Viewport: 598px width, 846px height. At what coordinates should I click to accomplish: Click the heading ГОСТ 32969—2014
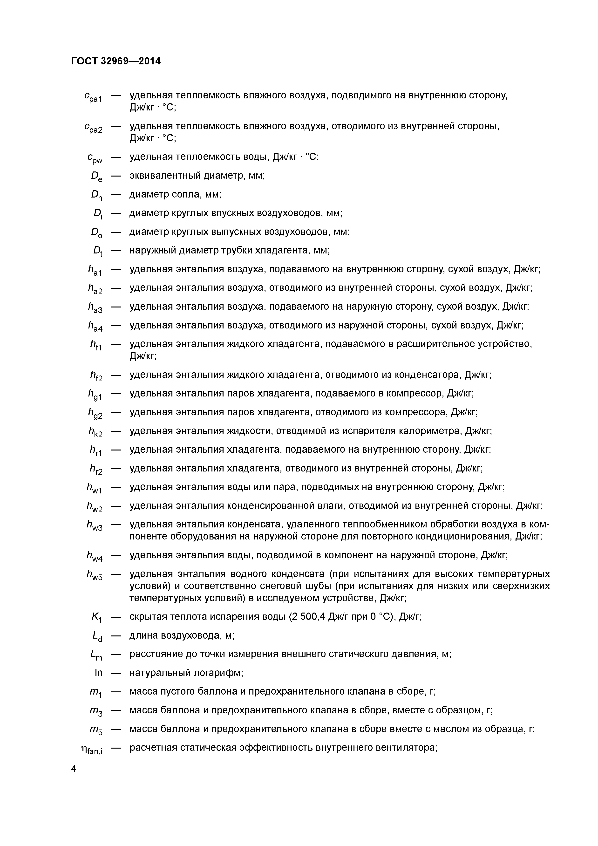[116, 61]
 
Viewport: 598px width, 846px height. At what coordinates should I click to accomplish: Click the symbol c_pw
[95, 158]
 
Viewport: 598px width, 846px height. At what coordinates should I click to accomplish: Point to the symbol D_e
[96, 177]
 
